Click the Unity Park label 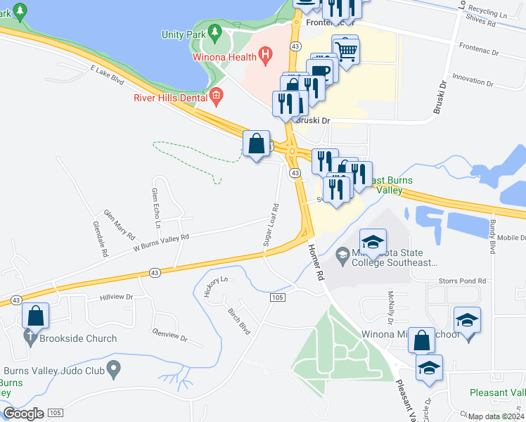182,34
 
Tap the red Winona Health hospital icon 265,53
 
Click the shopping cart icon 346,50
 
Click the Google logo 23,414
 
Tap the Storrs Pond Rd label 462,281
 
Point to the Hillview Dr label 116,298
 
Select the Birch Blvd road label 239,319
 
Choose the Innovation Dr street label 474,78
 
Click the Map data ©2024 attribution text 495,416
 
